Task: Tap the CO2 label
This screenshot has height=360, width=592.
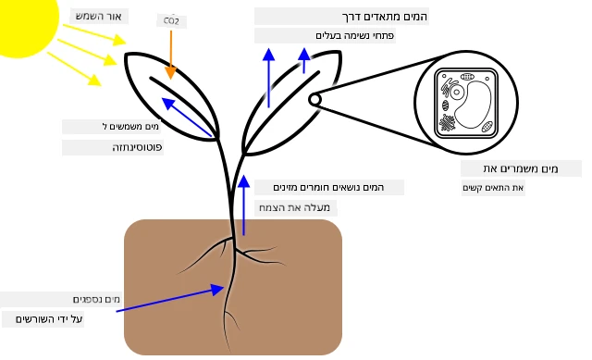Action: [171, 21]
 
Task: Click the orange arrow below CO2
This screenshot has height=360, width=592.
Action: [171, 55]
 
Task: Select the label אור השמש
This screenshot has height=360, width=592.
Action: [99, 17]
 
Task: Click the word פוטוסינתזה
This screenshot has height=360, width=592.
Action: [137, 147]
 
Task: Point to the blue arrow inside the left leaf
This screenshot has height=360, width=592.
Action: [187, 118]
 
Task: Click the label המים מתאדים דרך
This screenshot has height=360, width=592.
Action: [385, 17]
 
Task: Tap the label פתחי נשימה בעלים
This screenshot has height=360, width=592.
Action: [355, 35]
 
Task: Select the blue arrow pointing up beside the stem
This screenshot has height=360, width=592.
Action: [244, 205]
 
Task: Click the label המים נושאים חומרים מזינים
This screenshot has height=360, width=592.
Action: [328, 187]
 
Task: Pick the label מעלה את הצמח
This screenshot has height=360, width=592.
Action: [294, 207]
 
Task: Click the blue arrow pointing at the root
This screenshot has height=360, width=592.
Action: [170, 298]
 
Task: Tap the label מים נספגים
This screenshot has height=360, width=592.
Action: [96, 300]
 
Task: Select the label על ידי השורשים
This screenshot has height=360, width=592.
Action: [49, 319]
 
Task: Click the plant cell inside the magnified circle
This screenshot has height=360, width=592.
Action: [466, 104]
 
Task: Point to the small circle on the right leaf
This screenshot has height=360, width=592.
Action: [314, 100]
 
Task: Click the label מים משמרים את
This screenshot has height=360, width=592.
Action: [521, 168]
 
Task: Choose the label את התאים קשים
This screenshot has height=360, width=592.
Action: [493, 188]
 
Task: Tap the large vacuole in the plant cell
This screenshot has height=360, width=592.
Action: [473, 105]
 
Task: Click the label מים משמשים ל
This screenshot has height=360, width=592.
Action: [130, 127]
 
